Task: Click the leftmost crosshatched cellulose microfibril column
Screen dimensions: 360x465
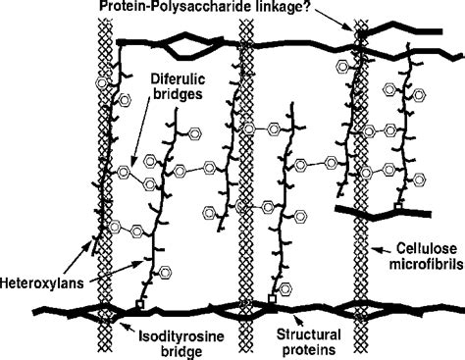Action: point(97,177)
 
